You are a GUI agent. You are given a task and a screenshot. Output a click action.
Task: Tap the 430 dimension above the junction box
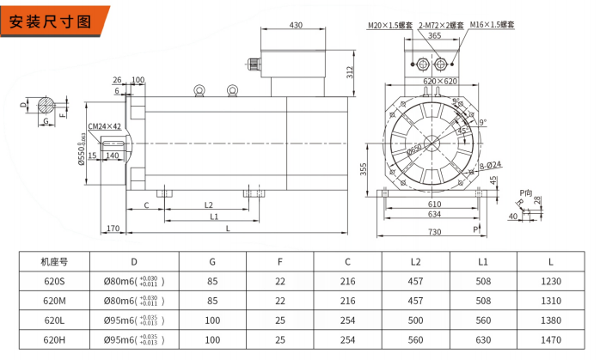pos(296,26)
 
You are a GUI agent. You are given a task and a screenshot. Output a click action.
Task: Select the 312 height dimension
pos(350,70)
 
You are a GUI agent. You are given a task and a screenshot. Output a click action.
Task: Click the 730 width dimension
pos(434,233)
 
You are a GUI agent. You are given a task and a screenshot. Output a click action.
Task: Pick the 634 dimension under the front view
pos(435,215)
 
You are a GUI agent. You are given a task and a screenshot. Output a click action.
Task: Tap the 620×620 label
pos(439,81)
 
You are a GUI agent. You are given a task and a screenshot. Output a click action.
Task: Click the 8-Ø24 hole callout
pos(489,164)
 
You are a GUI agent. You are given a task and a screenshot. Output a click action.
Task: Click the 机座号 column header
pos(53,260)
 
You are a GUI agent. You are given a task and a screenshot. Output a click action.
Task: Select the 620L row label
pos(53,320)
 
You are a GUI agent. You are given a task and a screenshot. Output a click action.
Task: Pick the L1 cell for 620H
pos(483,340)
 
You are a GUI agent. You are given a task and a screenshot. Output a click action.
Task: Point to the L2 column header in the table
pos(415,260)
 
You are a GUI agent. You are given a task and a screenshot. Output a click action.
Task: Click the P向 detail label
pos(527,192)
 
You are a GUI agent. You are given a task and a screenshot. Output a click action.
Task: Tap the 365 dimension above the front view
pos(434,36)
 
